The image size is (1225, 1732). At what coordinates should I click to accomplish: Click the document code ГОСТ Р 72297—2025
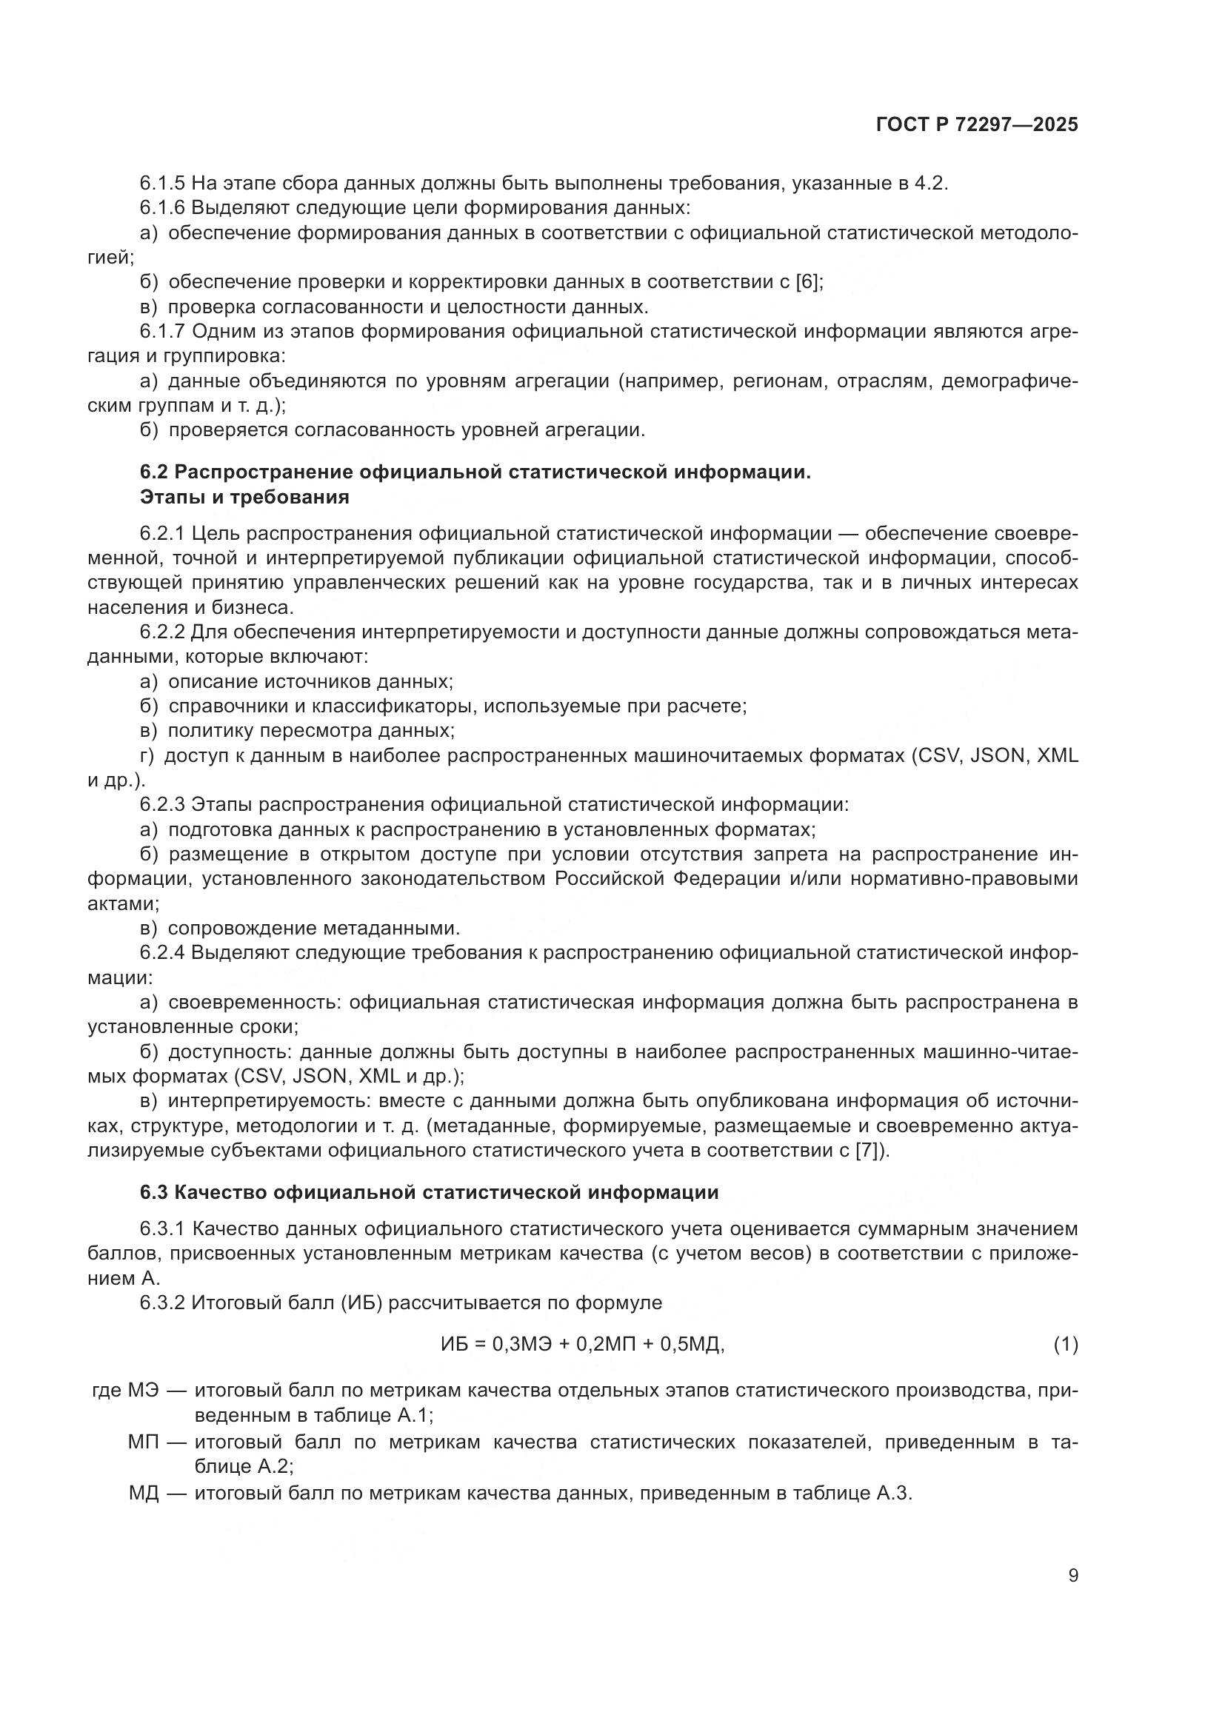(977, 125)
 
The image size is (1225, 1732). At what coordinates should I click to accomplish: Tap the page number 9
(1072, 1576)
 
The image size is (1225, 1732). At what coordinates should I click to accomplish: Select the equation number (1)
(1065, 1344)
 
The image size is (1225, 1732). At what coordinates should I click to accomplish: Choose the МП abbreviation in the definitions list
(144, 1443)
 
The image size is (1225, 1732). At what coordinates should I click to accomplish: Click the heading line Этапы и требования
(244, 498)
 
